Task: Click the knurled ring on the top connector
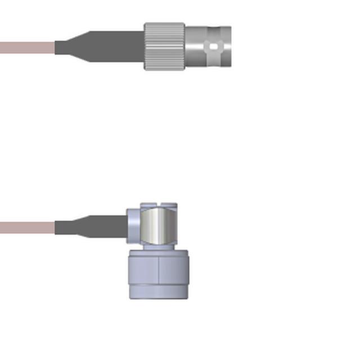point(164,47)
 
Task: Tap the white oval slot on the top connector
point(213,47)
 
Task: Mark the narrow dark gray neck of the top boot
point(62,47)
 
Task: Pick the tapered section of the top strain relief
point(79,45)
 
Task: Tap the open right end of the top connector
point(227,47)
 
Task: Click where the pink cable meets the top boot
point(55,47)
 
